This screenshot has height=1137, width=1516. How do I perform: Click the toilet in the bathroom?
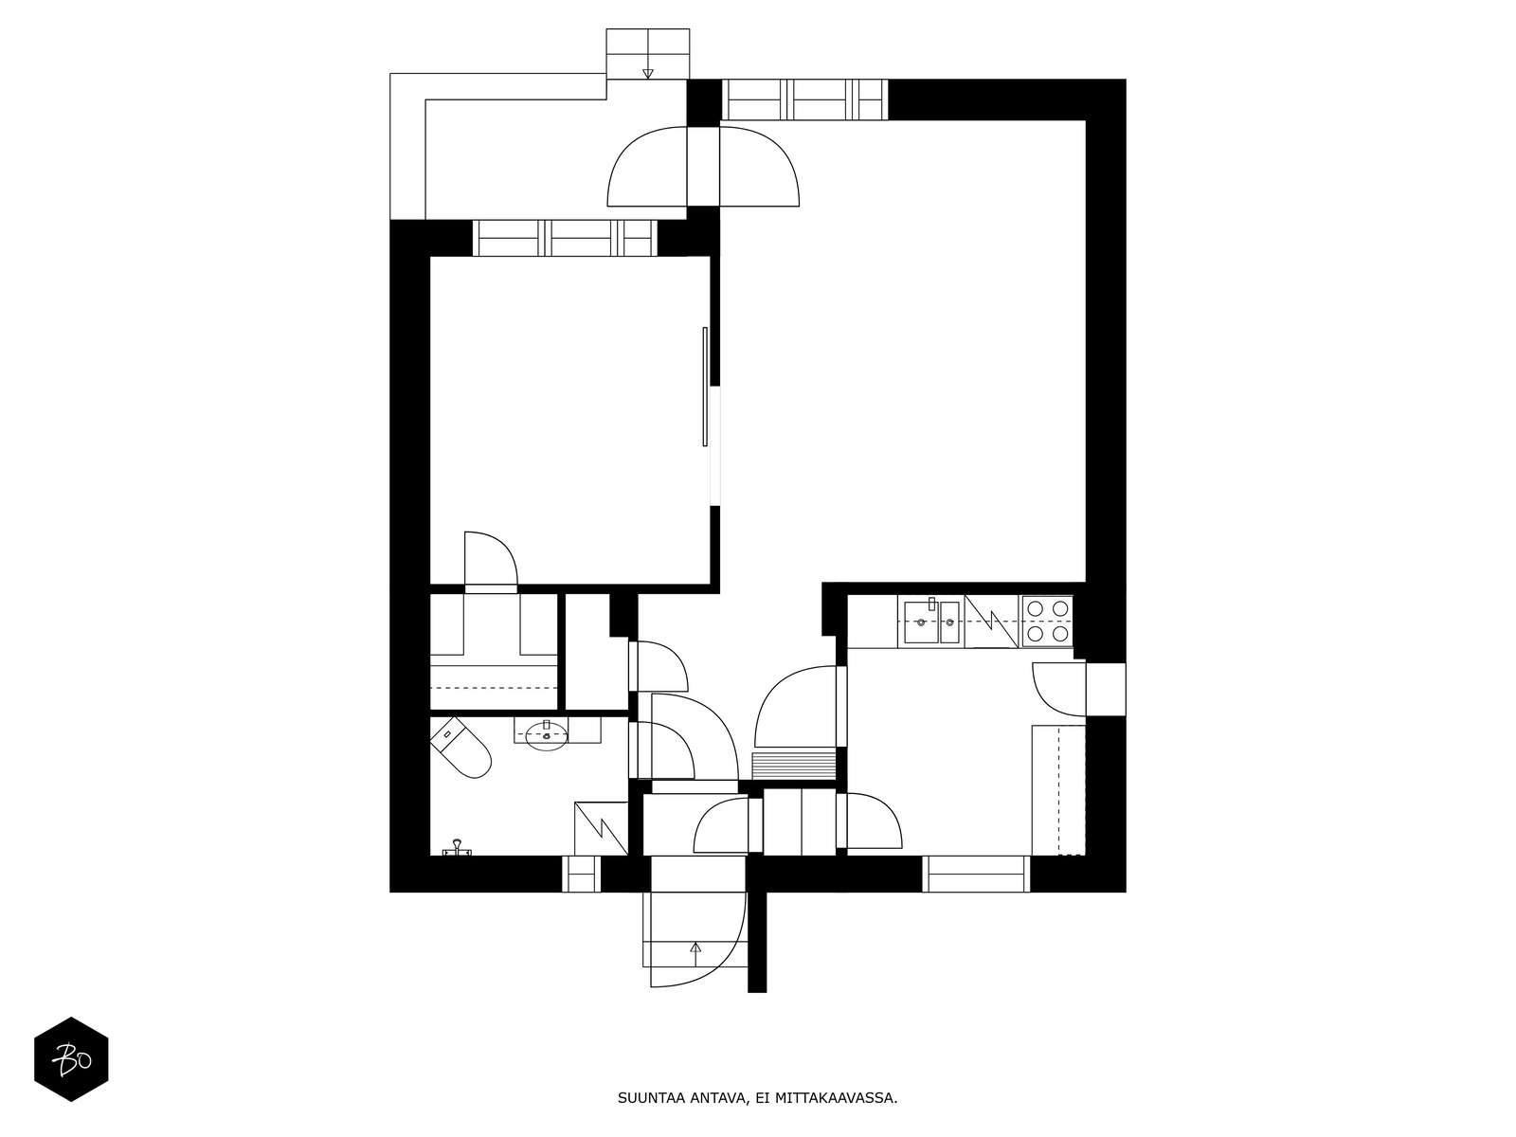pyautogui.click(x=460, y=748)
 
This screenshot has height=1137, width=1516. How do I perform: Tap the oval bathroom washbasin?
pyautogui.click(x=547, y=736)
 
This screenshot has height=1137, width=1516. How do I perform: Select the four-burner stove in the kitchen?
pyautogui.click(x=1048, y=622)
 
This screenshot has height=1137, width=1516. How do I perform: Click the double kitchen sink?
pyautogui.click(x=931, y=622)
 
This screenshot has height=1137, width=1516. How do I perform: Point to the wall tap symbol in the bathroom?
pyautogui.click(x=457, y=848)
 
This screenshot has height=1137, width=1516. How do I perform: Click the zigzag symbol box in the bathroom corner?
pyautogui.click(x=601, y=828)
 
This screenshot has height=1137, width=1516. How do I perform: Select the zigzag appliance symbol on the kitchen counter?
pyautogui.click(x=992, y=622)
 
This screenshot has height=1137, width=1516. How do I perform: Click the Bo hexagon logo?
pyautogui.click(x=71, y=1059)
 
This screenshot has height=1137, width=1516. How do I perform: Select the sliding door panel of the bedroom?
pyautogui.click(x=705, y=387)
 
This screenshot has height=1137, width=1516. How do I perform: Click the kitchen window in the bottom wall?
pyautogui.click(x=977, y=874)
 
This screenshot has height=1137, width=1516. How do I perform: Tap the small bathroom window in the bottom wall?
pyautogui.click(x=581, y=874)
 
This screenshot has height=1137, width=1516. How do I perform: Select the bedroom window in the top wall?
pyautogui.click(x=565, y=238)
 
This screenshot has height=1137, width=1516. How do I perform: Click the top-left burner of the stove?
pyautogui.click(x=1036, y=609)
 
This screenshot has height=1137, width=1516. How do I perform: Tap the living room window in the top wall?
pyautogui.click(x=804, y=100)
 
